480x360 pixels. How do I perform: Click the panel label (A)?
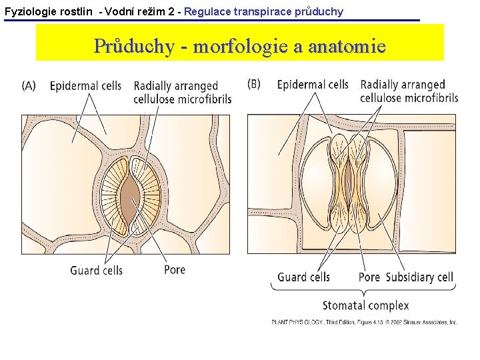(x=29, y=85)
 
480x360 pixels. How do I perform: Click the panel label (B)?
(x=254, y=84)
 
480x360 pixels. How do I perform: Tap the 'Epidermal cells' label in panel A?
(x=85, y=86)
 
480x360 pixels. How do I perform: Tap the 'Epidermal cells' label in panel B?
(x=312, y=85)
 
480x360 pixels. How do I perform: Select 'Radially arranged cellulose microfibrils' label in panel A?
(x=182, y=92)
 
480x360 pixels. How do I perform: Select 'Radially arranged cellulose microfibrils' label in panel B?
(x=409, y=91)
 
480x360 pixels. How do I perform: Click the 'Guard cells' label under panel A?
(x=96, y=270)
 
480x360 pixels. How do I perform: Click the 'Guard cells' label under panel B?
(x=303, y=277)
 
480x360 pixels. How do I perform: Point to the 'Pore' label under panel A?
(x=175, y=269)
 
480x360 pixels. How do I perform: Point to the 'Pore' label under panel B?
(x=369, y=277)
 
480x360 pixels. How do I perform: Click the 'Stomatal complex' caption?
(x=365, y=305)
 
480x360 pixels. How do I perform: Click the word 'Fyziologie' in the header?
(x=29, y=11)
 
